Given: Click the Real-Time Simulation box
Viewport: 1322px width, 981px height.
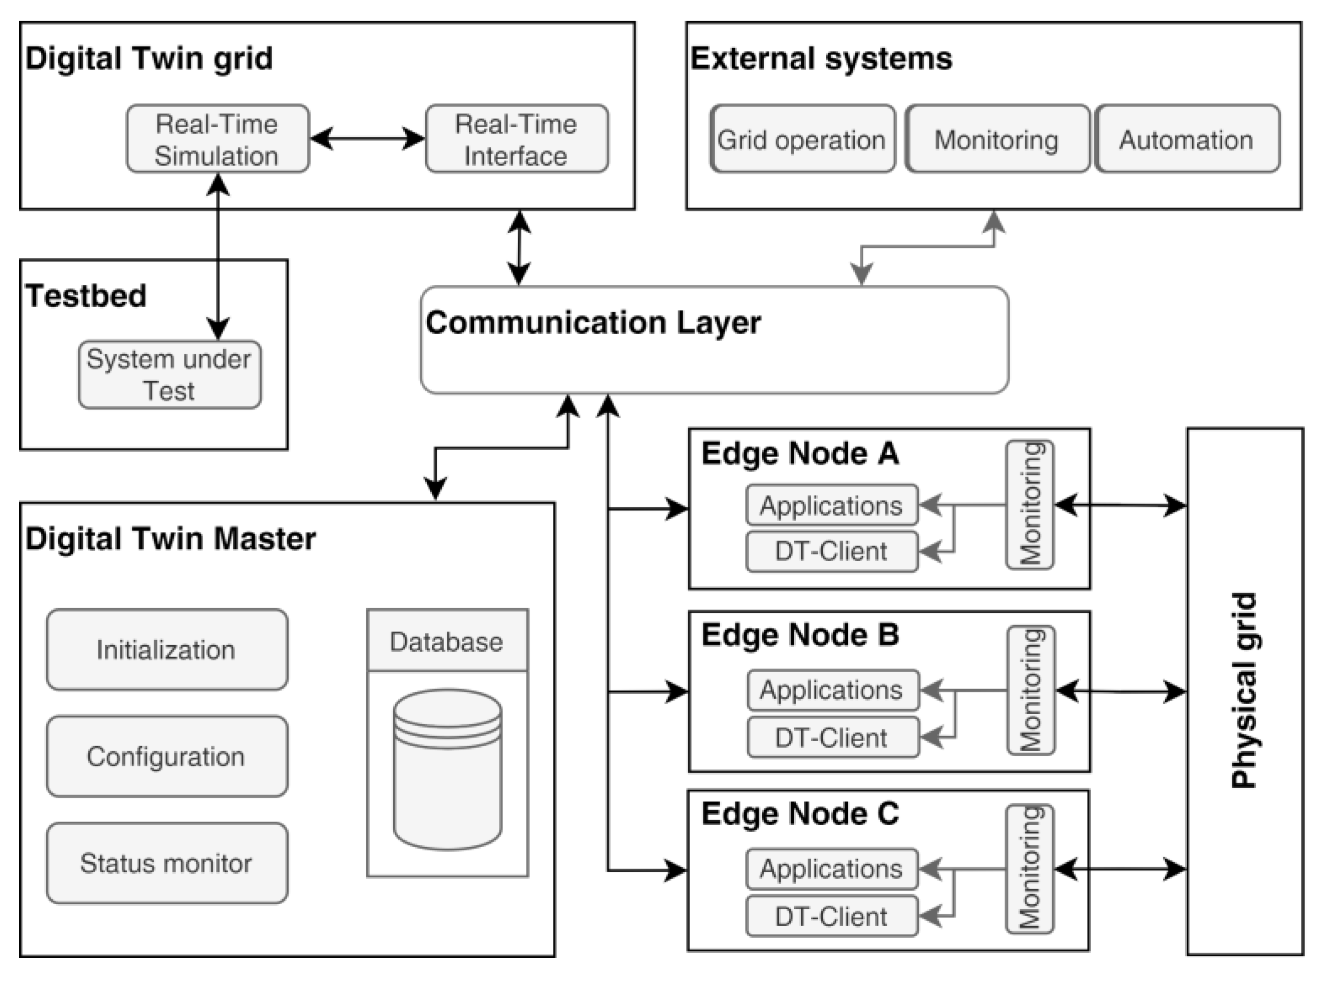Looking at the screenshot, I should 218,139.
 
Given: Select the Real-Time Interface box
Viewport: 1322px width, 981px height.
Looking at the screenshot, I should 517,139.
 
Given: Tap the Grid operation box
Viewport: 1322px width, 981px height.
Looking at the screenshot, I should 802,140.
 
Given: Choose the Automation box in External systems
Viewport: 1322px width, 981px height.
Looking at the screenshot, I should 1186,140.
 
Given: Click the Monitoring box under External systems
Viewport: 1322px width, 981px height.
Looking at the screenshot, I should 996,140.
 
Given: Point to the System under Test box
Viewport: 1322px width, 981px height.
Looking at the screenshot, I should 169,374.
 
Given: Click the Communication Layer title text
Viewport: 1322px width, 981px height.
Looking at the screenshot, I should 592,322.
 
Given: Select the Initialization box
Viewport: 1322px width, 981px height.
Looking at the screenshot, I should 167,649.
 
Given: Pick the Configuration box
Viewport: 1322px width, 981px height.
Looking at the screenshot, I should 167,756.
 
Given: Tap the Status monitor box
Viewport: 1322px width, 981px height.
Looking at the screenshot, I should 167,863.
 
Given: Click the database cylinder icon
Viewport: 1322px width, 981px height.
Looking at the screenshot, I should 448,769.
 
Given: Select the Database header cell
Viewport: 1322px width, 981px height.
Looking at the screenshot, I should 447,641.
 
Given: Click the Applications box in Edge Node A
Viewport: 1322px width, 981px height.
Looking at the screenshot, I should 831,505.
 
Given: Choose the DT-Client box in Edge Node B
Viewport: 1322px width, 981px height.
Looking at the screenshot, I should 832,737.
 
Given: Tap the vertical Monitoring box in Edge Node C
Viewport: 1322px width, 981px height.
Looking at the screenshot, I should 1029,869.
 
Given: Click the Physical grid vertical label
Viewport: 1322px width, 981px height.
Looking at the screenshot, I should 1243,690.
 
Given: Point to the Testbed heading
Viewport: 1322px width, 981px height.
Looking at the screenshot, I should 86,296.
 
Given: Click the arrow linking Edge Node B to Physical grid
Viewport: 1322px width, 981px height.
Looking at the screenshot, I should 1121,691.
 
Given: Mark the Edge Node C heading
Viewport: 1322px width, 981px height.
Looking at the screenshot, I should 800,813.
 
